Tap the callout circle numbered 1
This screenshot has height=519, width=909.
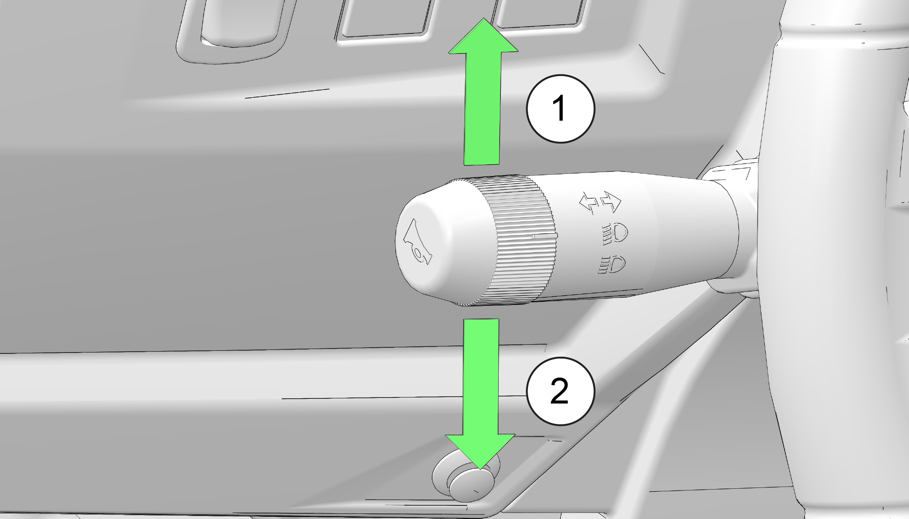(561, 109)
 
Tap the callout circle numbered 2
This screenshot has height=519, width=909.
(561, 391)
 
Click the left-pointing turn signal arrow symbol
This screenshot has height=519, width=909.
(589, 202)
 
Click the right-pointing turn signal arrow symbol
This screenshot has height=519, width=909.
(610, 202)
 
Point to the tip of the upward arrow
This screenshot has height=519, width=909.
(484, 19)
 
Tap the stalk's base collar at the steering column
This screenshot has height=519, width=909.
(732, 225)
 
